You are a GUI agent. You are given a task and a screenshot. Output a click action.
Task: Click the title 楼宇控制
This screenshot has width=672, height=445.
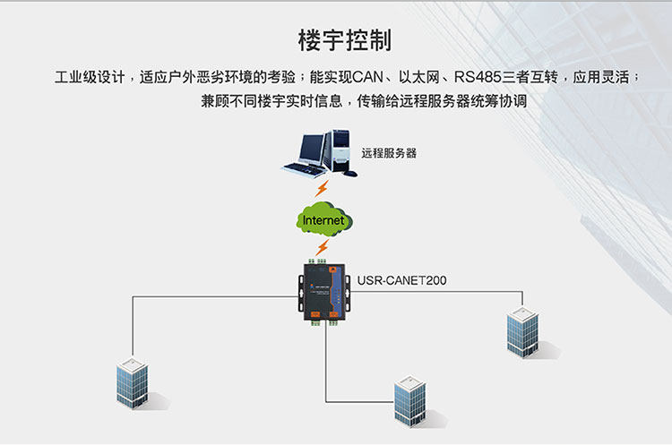point(345,40)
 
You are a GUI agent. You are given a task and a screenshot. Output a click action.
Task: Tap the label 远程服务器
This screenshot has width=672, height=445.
point(389,153)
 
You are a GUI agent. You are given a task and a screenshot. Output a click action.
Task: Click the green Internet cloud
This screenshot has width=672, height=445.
point(324,219)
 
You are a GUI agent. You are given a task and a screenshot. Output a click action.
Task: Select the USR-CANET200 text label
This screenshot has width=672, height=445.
point(401,280)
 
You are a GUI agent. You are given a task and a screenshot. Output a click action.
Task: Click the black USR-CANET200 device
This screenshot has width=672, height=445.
point(324,292)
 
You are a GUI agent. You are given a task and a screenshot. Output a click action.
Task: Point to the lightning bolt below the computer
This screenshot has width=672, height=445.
point(322,188)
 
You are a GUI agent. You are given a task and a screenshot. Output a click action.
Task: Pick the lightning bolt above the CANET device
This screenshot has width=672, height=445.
point(323,247)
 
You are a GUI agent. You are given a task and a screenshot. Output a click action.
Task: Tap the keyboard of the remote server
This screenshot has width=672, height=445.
point(304,169)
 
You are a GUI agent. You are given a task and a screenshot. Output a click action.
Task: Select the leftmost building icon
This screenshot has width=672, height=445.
point(133,383)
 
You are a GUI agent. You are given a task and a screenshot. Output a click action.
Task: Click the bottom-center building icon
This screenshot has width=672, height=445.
point(410,401)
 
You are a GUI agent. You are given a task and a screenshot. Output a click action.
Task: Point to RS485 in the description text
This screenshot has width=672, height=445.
point(478,77)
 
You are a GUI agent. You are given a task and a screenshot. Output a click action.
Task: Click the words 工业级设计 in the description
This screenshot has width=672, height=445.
point(90,77)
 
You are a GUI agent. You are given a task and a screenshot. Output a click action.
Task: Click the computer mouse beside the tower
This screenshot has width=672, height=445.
point(350,174)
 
